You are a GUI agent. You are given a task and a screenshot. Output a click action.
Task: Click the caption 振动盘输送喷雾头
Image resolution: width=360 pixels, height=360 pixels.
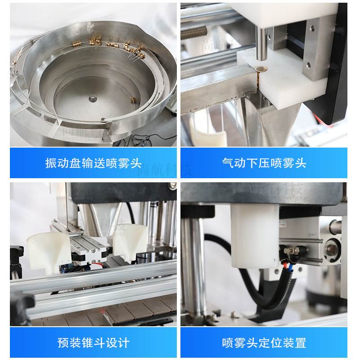tap(94, 163)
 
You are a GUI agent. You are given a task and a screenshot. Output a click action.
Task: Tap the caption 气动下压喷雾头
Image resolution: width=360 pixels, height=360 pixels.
tap(264, 163)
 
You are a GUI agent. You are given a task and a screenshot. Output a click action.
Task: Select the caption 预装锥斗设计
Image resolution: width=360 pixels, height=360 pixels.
tap(94, 343)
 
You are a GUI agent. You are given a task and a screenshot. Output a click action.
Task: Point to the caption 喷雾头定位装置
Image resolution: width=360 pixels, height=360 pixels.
tap(264, 343)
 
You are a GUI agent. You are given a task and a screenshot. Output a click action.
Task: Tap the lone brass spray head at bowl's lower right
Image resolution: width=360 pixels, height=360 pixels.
tap(133, 99)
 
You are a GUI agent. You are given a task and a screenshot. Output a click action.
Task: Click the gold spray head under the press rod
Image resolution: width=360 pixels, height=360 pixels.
tap(261, 68)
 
